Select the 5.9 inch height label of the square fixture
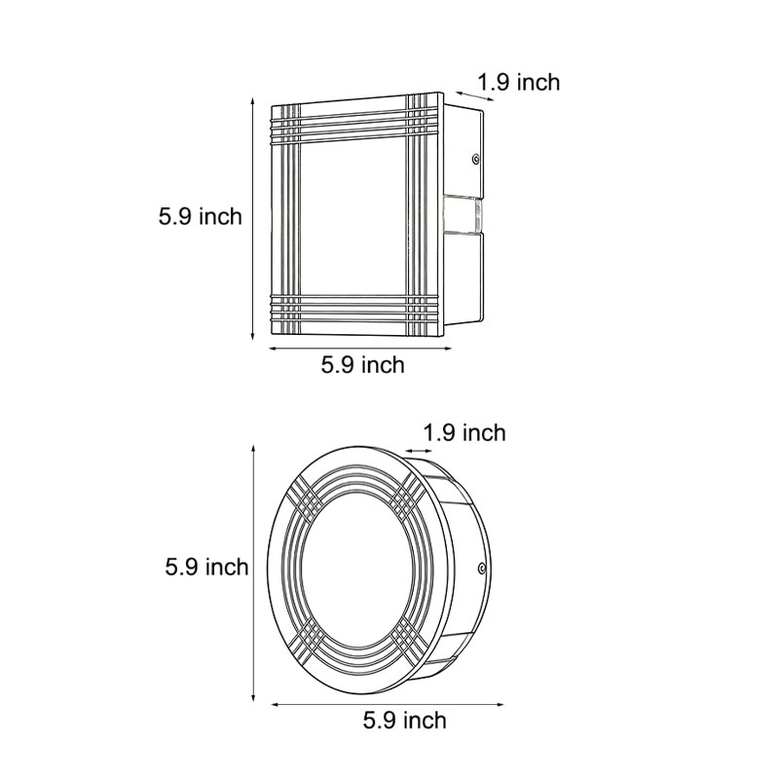coord(200,216)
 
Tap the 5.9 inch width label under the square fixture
coord(362,365)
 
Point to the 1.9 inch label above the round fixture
coord(465,432)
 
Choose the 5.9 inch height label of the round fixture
coord(206,566)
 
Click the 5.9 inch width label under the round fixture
coord(404,721)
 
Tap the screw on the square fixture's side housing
coord(474,158)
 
